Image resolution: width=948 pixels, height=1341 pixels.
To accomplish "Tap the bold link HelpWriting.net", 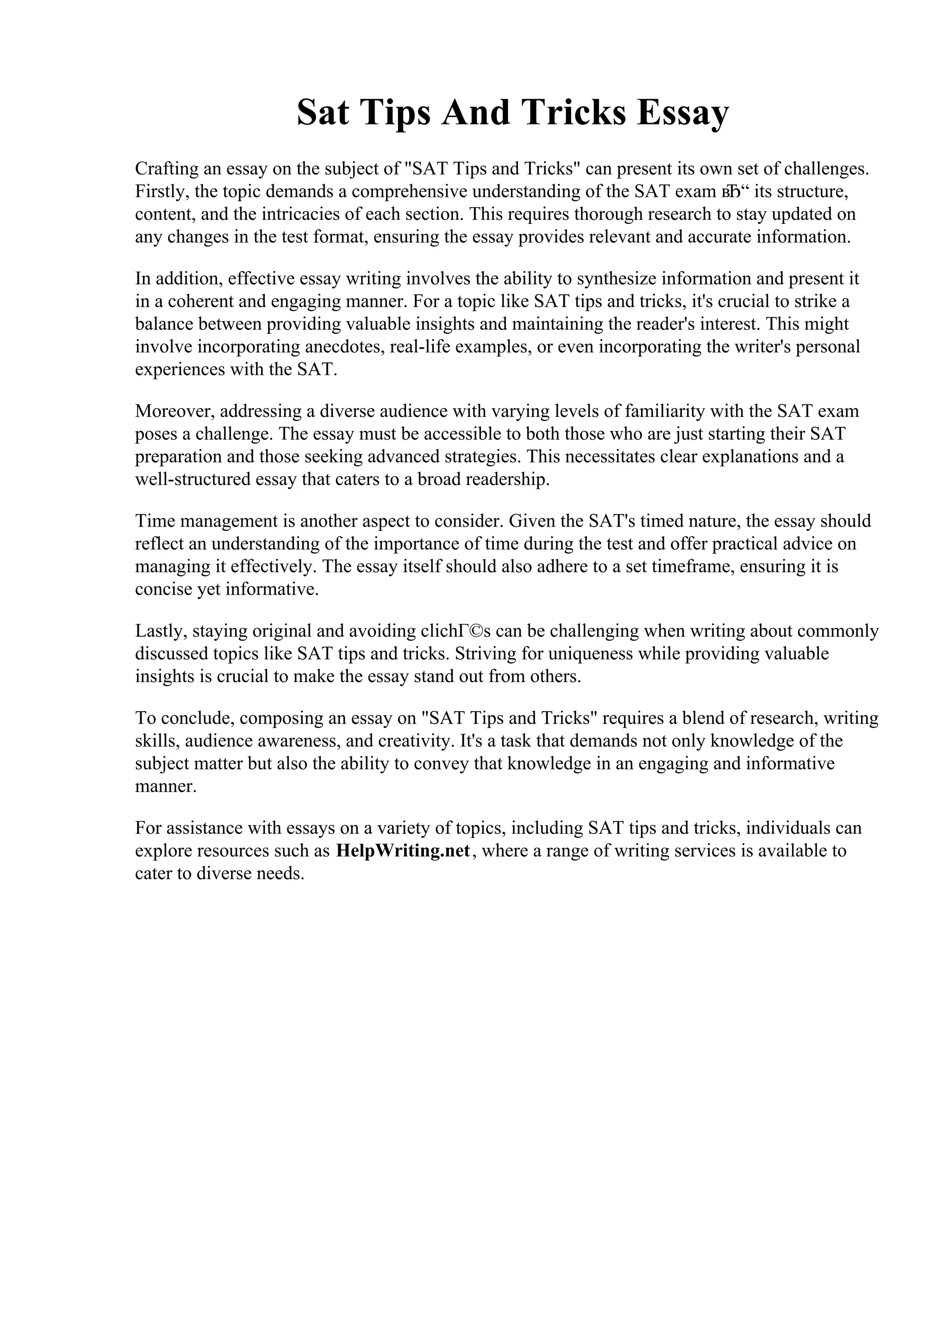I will (x=403, y=851).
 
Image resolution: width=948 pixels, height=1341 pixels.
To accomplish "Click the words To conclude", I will (x=184, y=718).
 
